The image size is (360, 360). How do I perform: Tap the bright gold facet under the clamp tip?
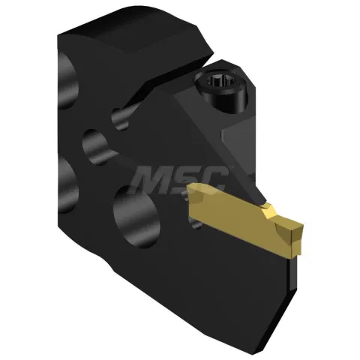point(268,212)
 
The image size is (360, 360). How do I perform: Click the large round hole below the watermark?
point(136,217)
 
